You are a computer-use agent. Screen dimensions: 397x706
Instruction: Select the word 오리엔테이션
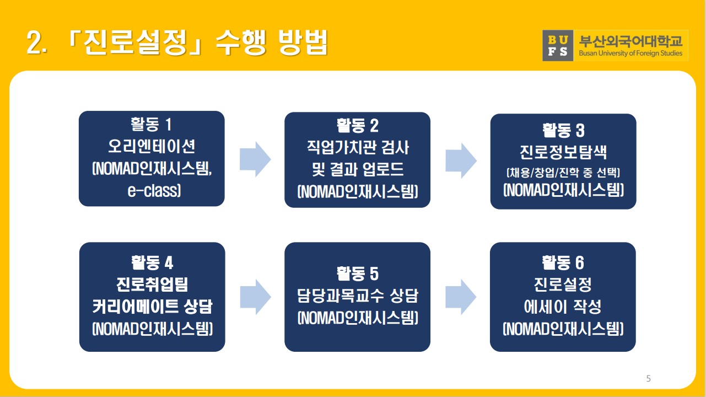click(152, 146)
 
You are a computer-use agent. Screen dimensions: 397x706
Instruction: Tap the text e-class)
click(152, 191)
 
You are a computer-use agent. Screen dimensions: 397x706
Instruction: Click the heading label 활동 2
click(357, 125)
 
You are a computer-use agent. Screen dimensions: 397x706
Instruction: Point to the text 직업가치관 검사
click(357, 148)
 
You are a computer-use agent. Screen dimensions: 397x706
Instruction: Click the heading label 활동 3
click(563, 130)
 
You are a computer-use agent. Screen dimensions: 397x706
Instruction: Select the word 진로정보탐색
click(563, 152)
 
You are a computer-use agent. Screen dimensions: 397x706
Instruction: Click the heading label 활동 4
click(152, 261)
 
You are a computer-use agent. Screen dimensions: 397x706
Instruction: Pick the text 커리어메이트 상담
click(152, 307)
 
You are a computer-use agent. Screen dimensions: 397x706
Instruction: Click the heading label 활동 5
click(357, 273)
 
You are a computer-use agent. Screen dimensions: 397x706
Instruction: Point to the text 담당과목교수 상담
click(357, 296)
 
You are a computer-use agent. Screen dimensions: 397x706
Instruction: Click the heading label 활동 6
click(563, 261)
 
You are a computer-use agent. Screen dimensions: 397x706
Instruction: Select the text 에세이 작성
click(563, 307)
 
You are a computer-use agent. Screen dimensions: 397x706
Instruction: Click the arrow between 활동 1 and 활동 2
click(255, 159)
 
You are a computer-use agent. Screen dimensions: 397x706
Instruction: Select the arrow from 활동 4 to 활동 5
click(255, 297)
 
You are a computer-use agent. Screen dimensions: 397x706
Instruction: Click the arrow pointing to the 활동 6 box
click(461, 297)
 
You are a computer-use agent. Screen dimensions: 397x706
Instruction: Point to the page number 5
click(648, 378)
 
